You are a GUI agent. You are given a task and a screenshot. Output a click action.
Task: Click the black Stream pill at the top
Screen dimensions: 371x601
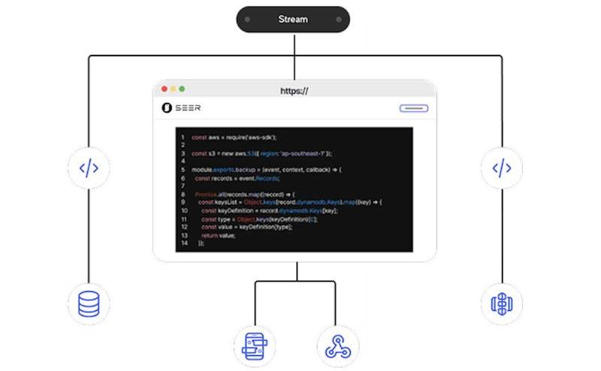(x=293, y=20)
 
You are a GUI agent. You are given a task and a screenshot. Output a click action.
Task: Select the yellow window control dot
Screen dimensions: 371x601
(x=173, y=89)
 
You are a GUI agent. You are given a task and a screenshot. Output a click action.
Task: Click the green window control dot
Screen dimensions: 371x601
(x=182, y=89)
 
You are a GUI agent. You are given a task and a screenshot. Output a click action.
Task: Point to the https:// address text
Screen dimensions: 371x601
(x=294, y=91)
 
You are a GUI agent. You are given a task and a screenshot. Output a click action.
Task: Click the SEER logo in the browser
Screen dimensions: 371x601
(x=181, y=108)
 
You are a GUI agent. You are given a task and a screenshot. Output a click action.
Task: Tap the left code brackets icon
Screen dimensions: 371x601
(x=89, y=167)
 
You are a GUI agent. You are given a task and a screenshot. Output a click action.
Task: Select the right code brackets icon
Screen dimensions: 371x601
(x=501, y=167)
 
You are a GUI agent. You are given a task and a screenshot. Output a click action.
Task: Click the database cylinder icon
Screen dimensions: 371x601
(x=89, y=303)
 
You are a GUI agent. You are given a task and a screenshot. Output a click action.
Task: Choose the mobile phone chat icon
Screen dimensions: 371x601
(x=255, y=345)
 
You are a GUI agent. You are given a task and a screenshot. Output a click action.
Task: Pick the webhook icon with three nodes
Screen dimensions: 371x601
(x=337, y=345)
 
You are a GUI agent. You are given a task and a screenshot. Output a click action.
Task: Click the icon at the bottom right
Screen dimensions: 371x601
(x=501, y=303)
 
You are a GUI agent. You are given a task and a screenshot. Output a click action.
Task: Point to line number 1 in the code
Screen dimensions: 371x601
(x=183, y=137)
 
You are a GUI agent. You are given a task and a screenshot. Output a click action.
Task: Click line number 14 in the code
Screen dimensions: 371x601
(x=184, y=243)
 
